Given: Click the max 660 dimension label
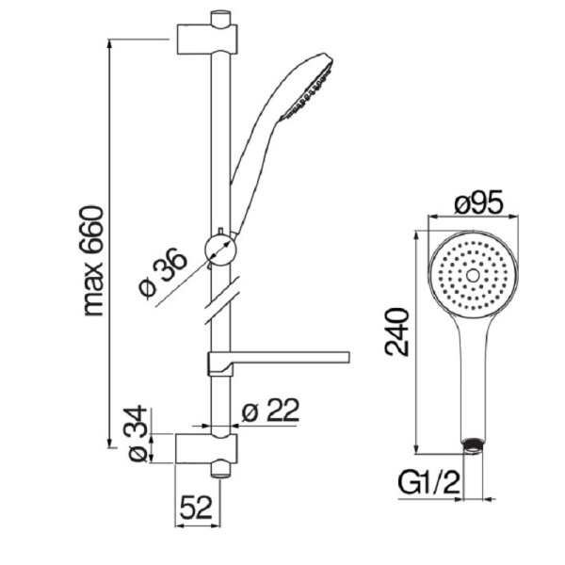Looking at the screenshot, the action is tap(93, 261).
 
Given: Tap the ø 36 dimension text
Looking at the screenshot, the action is tap(163, 273).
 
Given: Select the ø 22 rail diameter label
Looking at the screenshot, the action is tap(270, 410).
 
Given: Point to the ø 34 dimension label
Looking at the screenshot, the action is tap(138, 434).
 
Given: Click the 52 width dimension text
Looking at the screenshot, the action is tap(196, 508).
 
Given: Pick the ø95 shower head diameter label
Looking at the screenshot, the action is tap(478, 204).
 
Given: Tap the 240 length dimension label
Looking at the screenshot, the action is tap(397, 331).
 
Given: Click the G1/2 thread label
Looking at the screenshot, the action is tap(428, 483).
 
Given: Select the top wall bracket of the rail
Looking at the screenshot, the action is tap(207, 39).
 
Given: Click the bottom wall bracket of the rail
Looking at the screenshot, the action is tap(206, 449).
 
